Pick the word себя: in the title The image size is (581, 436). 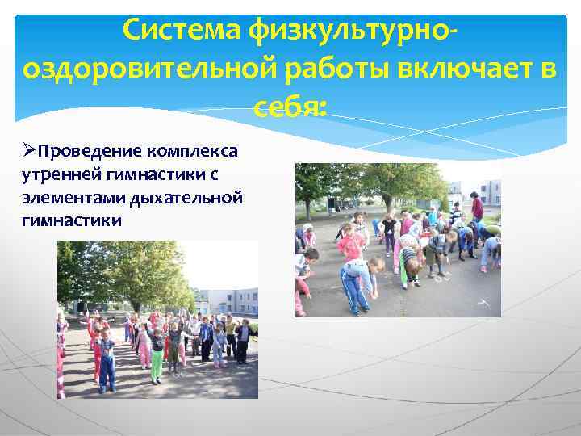(x=290, y=107)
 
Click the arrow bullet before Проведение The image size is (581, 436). (x=30, y=151)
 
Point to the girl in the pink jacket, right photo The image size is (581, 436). (x=350, y=241)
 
